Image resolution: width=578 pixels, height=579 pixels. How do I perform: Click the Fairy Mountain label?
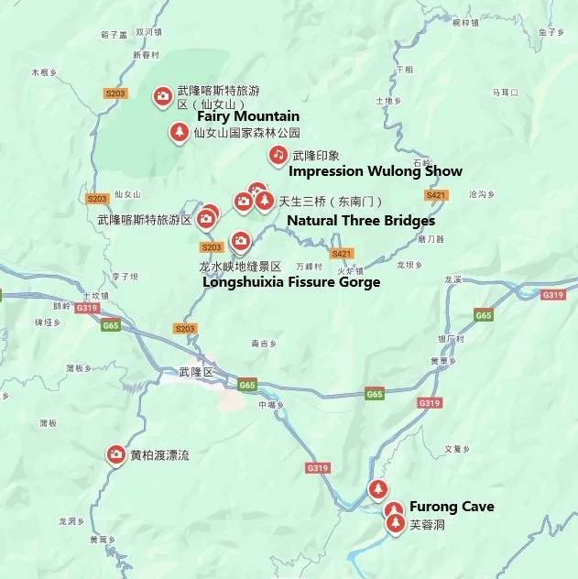(247, 116)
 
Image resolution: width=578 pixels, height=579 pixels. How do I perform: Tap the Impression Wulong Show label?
(375, 171)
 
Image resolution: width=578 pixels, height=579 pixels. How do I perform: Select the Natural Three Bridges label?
(360, 221)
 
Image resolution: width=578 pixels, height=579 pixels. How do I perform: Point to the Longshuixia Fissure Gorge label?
(290, 282)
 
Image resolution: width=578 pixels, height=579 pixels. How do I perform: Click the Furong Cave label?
(451, 507)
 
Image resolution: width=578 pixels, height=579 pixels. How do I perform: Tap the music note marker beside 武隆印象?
(278, 155)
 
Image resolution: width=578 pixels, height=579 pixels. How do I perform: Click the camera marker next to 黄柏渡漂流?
(116, 453)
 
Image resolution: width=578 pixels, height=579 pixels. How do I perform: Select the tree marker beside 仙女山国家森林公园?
(179, 133)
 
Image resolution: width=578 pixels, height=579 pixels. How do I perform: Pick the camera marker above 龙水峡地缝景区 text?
(240, 241)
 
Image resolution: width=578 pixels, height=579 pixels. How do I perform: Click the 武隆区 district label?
(196, 372)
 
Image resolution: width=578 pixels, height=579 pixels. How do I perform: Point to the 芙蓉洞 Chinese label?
(426, 525)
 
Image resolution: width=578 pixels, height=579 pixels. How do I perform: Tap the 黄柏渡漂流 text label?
(159, 455)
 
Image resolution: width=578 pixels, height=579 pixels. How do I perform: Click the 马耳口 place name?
(506, 93)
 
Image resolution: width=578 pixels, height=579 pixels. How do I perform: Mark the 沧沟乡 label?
(481, 194)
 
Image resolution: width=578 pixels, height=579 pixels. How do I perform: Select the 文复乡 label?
(456, 449)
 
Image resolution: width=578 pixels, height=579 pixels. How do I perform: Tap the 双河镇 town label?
(148, 31)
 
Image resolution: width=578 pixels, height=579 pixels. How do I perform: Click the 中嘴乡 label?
(268, 403)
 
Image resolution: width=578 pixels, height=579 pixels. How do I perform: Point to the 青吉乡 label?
(263, 344)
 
